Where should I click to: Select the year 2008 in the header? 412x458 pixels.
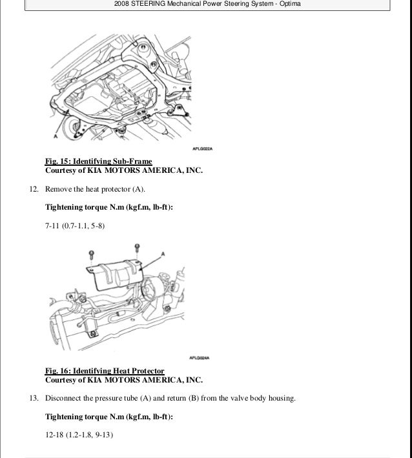pyautogui.click(x=122, y=5)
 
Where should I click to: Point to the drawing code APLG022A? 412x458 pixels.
pyautogui.click(x=204, y=146)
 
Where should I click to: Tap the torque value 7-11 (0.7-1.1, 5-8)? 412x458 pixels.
pyautogui.click(x=74, y=226)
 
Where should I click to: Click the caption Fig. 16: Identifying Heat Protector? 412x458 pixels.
pyautogui.click(x=105, y=371)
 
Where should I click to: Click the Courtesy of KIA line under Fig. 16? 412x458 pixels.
pyautogui.click(x=123, y=380)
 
